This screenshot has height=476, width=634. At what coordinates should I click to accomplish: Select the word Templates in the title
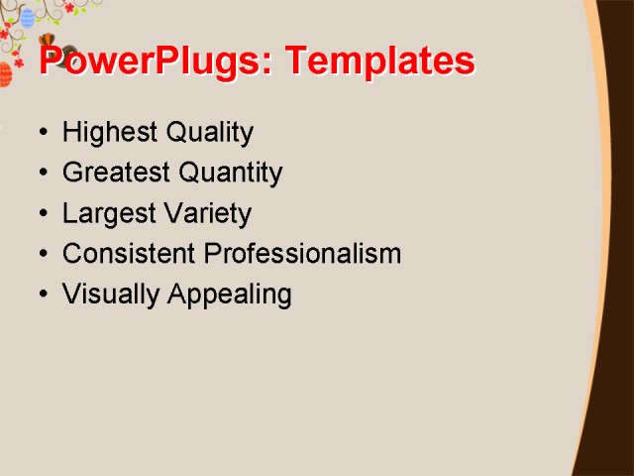tap(379, 61)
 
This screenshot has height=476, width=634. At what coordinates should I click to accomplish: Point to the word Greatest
tap(116, 174)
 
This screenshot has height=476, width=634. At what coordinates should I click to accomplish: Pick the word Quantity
tap(231, 174)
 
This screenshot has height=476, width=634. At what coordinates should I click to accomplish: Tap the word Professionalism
tap(302, 254)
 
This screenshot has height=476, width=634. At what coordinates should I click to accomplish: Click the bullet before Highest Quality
tap(42, 133)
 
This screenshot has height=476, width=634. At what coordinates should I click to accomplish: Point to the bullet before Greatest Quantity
tap(42, 174)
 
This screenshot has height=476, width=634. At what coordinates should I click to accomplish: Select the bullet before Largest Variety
tap(42, 214)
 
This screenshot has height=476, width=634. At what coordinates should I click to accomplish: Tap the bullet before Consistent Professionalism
tap(42, 254)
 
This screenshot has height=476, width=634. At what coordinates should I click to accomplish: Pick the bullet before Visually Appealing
tap(42, 295)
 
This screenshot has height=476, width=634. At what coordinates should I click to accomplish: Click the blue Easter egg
tap(27, 17)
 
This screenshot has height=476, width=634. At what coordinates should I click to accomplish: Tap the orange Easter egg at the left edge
tap(5, 74)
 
